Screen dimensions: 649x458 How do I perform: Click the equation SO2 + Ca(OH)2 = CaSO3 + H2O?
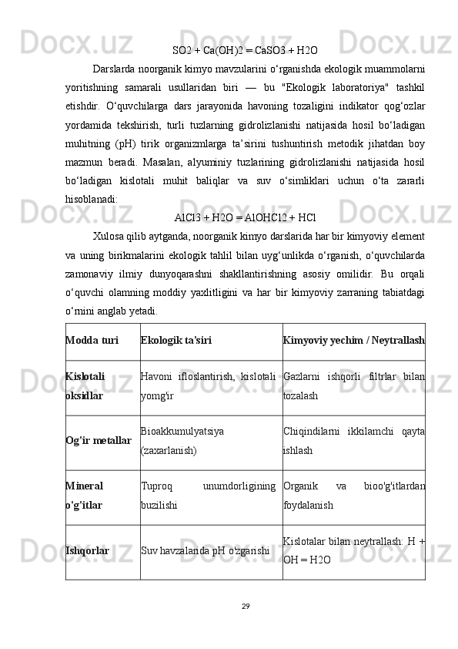coord(245,51)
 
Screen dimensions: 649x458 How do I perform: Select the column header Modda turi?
coord(92,340)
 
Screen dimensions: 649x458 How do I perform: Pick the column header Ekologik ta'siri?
coord(176,340)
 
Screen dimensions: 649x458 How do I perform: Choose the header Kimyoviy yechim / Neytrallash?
coord(353,340)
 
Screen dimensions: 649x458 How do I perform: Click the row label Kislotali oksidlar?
coord(85,387)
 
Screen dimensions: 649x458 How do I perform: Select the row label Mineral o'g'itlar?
coord(85,496)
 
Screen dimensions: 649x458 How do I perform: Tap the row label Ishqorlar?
coord(87,551)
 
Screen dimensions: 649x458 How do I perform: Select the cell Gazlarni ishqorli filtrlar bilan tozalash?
coord(353,387)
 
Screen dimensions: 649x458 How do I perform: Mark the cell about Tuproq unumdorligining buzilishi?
coord(209,496)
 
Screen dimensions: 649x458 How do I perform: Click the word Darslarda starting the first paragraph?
coord(115,69)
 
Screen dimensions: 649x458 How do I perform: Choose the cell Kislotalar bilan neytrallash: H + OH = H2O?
coord(353,552)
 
